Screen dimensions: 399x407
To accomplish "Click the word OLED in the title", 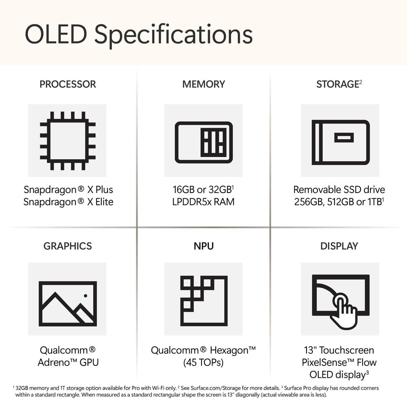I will click(x=56, y=34).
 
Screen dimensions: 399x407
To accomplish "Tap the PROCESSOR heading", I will click(x=68, y=84).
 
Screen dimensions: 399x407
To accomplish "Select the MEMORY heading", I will click(x=203, y=84).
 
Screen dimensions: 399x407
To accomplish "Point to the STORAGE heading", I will click(x=337, y=84).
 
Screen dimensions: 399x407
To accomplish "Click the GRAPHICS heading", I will click(x=68, y=246).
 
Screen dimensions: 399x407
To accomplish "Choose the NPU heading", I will click(x=203, y=246).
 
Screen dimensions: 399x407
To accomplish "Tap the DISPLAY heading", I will click(x=339, y=246).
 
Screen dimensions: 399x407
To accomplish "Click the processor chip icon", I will click(x=68, y=140).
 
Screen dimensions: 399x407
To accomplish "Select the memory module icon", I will click(x=203, y=142).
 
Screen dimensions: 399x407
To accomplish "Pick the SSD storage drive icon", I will click(x=340, y=142).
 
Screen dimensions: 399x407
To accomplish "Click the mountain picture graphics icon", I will click(x=68, y=303).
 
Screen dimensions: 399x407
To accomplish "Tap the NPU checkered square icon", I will click(x=203, y=301).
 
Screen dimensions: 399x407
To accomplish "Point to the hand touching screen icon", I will click(x=340, y=301).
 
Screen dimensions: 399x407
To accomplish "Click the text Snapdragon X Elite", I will click(x=68, y=202).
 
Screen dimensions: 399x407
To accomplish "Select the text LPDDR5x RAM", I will click(x=203, y=202).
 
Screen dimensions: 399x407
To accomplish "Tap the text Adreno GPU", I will click(x=68, y=362).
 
